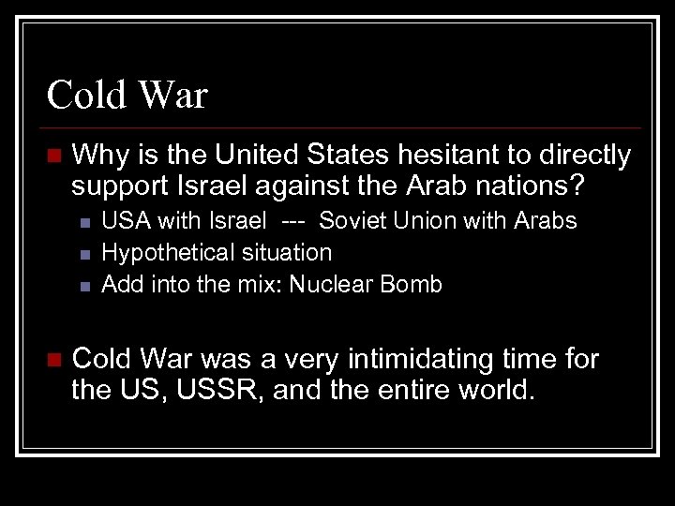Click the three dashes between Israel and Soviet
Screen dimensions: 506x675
[292, 221]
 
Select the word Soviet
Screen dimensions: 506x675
[349, 221]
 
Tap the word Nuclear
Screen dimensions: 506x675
[331, 284]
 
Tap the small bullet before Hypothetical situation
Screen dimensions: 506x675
[83, 254]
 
